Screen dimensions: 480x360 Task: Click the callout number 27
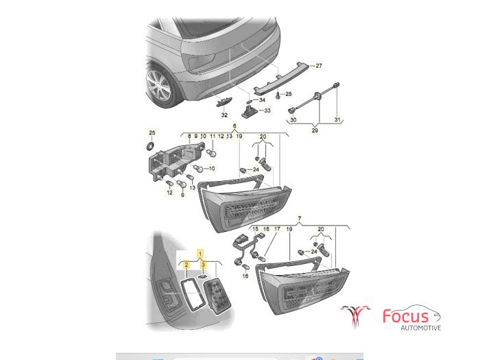click(x=319, y=66)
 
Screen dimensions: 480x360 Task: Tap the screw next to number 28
click(x=278, y=95)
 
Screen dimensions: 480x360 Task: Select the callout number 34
click(x=262, y=100)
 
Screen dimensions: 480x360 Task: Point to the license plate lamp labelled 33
click(x=250, y=111)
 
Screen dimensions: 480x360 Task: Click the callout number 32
click(x=224, y=115)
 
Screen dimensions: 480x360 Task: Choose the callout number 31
click(x=337, y=119)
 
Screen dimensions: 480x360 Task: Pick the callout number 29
click(x=315, y=130)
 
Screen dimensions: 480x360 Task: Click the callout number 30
click(x=293, y=120)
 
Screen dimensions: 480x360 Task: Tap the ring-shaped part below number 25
click(x=151, y=145)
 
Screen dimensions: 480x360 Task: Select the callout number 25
click(x=152, y=132)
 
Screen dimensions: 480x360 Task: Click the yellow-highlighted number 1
click(x=200, y=254)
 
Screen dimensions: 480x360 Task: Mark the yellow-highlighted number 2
click(x=186, y=265)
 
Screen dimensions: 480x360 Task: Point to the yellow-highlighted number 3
click(x=203, y=265)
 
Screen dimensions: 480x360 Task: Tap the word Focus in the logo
click(x=405, y=316)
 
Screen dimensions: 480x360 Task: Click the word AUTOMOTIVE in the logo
click(x=421, y=328)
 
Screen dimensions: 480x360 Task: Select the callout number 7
click(x=300, y=219)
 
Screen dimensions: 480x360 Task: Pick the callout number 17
click(x=277, y=228)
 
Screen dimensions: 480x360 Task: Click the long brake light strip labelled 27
click(x=280, y=77)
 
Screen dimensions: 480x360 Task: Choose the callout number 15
click(x=256, y=228)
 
